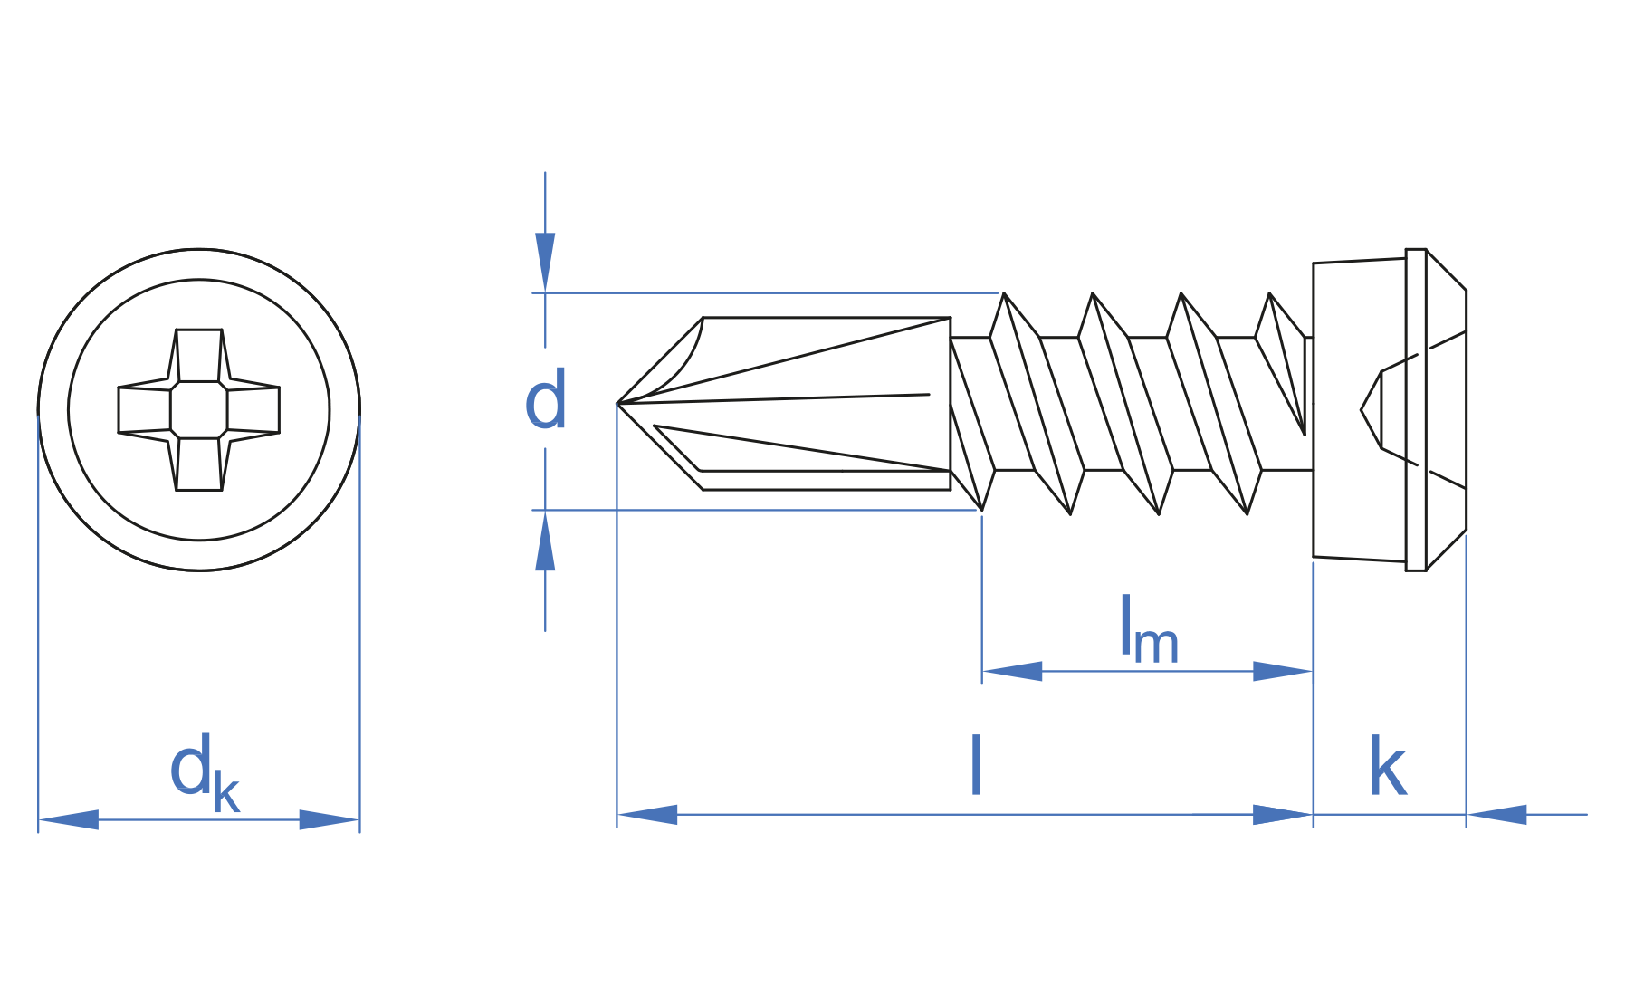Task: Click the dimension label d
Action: [x=546, y=400]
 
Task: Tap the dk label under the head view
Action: [x=204, y=773]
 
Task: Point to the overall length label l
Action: [x=975, y=766]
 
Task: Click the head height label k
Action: [x=1387, y=767]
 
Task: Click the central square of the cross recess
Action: [x=198, y=409]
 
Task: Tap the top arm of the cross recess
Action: [x=198, y=355]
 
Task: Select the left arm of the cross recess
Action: [x=144, y=409]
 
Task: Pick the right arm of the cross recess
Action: [x=253, y=409]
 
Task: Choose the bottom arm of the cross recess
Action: [x=198, y=464]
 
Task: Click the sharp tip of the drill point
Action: [x=620, y=403]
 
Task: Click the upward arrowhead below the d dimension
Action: [x=545, y=542]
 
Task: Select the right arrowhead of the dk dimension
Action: [x=329, y=819]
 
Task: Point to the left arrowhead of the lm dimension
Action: [x=1012, y=671]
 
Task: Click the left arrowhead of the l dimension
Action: [x=647, y=814]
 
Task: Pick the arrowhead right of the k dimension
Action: [x=1497, y=814]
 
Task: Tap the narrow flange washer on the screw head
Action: [x=1416, y=409]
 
